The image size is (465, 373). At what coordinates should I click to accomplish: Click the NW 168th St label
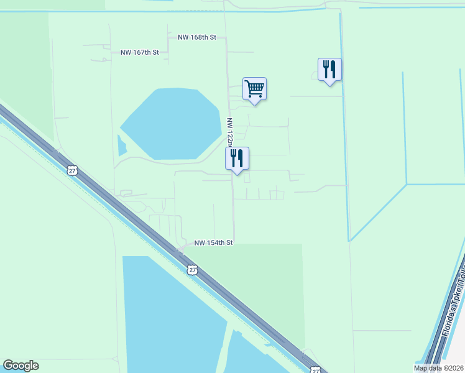196,37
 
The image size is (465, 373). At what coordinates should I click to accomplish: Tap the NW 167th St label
140,53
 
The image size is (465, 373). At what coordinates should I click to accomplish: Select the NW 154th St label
213,242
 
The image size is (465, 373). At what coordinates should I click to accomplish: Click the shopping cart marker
254,89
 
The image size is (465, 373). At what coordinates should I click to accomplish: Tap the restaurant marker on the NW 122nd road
237,159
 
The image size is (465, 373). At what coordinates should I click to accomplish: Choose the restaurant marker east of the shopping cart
329,70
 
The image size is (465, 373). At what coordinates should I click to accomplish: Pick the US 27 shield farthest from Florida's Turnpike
72,170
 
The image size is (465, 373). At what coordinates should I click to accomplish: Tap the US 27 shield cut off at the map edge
316,370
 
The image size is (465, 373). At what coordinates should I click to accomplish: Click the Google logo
21,366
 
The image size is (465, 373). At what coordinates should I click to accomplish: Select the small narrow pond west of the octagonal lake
121,146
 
